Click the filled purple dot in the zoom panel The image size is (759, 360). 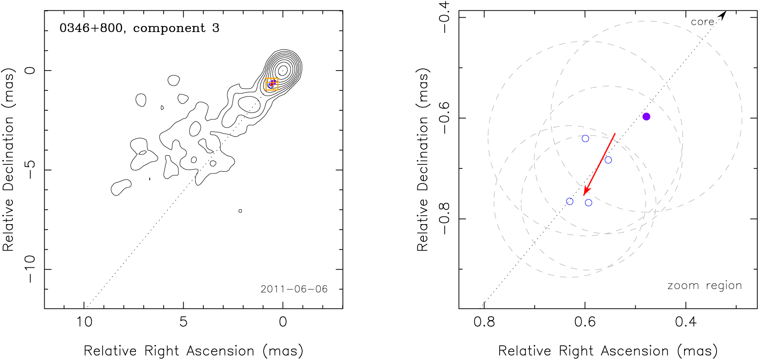coord(646,116)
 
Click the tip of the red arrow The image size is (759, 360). coord(585,195)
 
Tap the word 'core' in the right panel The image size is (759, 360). coord(702,22)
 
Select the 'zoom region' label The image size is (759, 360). coord(704,286)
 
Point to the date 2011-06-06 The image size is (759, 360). coord(294,289)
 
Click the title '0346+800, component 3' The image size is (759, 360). coord(139,28)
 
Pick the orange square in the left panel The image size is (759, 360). coord(272,84)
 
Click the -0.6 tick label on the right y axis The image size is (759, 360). coord(444,118)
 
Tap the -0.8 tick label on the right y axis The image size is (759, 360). coord(444,219)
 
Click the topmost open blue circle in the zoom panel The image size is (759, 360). coord(585,138)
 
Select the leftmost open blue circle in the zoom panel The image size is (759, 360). coord(570,202)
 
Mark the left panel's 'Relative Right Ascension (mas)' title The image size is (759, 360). coord(193,350)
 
